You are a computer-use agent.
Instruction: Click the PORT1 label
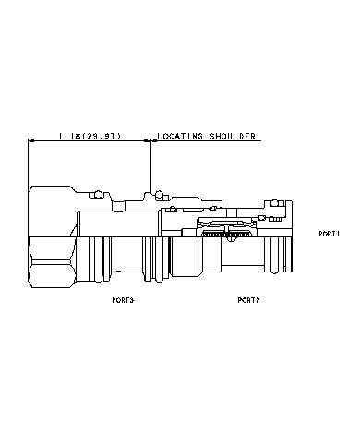click(x=330, y=235)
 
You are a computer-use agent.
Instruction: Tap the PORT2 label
click(x=248, y=300)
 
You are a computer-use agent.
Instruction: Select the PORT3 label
click(x=122, y=300)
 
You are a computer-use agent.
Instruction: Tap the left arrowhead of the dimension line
click(x=33, y=141)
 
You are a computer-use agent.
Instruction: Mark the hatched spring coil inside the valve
click(x=226, y=237)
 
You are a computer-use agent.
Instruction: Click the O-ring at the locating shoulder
click(x=160, y=194)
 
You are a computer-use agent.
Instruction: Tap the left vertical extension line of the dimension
click(x=29, y=162)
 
